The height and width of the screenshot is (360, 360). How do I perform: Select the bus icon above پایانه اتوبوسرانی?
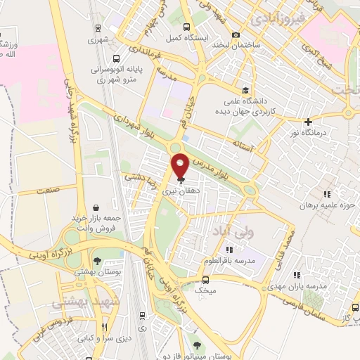click(x=115, y=58)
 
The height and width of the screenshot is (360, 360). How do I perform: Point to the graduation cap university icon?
click(x=245, y=89)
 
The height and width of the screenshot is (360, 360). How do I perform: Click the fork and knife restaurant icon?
click(x=105, y=328)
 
